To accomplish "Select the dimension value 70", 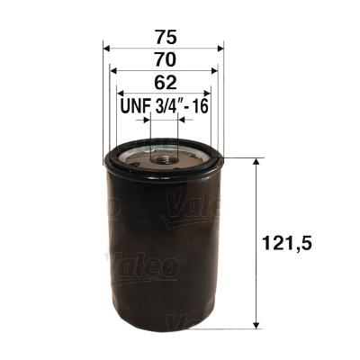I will (163, 59).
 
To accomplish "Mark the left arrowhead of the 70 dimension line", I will (112, 72).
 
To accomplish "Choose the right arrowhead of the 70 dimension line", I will (216, 72).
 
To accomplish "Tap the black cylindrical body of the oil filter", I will (163, 252).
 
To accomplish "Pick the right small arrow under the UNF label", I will (180, 121).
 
